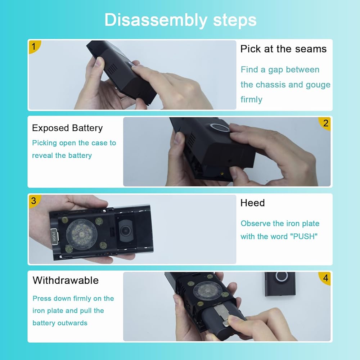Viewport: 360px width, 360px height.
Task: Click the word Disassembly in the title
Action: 156,20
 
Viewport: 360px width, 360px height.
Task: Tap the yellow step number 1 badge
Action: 34,46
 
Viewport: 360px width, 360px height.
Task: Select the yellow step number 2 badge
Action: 325,123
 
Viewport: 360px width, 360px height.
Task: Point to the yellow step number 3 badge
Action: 34,201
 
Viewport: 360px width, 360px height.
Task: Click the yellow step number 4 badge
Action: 325,278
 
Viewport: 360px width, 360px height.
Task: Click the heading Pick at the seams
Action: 283,49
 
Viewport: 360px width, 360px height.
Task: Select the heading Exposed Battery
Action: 67,128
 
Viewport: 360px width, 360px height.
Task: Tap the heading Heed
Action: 253,203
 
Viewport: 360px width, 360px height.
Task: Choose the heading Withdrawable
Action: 66,280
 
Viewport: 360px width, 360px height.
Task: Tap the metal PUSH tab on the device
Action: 54,237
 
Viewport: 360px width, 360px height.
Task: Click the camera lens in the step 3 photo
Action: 125,230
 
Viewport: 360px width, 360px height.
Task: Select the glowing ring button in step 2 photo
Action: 220,127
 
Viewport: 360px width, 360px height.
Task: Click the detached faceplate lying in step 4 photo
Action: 280,284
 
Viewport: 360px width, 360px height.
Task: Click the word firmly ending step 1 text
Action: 251,100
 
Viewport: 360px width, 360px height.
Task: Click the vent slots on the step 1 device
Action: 112,69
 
